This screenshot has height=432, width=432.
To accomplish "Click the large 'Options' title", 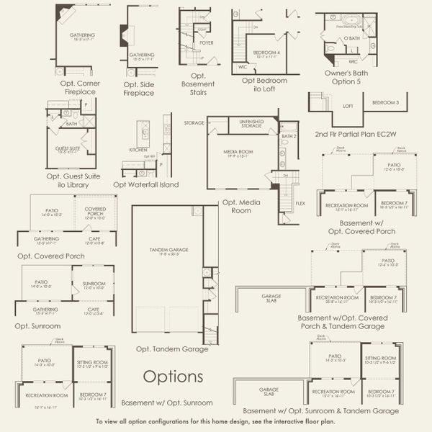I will click(x=173, y=376).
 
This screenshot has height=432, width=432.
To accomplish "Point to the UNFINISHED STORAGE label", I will click(x=251, y=125).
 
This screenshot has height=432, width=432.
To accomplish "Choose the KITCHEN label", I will click(x=138, y=149).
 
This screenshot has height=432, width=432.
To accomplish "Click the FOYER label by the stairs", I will click(x=207, y=42).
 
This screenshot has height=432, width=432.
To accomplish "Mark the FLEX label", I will click(x=300, y=204).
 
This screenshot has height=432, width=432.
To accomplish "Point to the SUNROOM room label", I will click(x=94, y=284).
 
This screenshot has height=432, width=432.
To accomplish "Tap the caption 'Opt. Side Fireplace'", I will click(x=139, y=89).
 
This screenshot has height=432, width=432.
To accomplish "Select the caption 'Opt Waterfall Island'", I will click(x=146, y=185).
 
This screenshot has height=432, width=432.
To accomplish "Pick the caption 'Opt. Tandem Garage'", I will click(x=173, y=348).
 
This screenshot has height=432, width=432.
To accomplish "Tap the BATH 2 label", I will click(x=289, y=135).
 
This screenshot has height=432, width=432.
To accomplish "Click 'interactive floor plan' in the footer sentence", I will click(x=298, y=421).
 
